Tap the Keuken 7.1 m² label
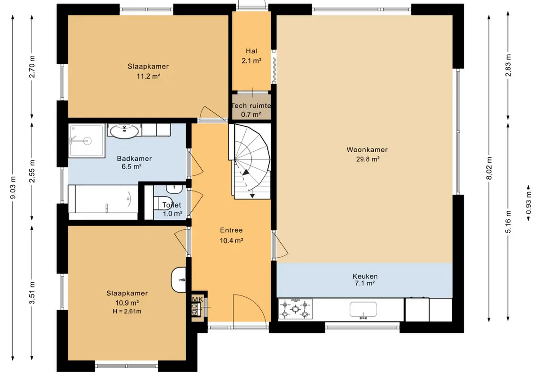pos(365,279)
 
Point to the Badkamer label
pos(134,159)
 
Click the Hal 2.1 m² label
pos(251,56)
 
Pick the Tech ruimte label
pos(251,106)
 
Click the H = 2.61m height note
pos(127,312)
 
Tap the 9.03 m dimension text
pos(13,187)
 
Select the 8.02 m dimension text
pos(489,168)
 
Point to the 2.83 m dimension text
pos(508,66)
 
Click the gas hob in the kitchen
pos(295,309)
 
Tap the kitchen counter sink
pos(363,310)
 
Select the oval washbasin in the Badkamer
pos(124,131)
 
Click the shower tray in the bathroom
pos(86,141)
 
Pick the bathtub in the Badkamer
pos(103,202)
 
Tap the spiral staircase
pos(249,161)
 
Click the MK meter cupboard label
pos(198,299)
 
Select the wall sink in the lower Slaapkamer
pos(179,279)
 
